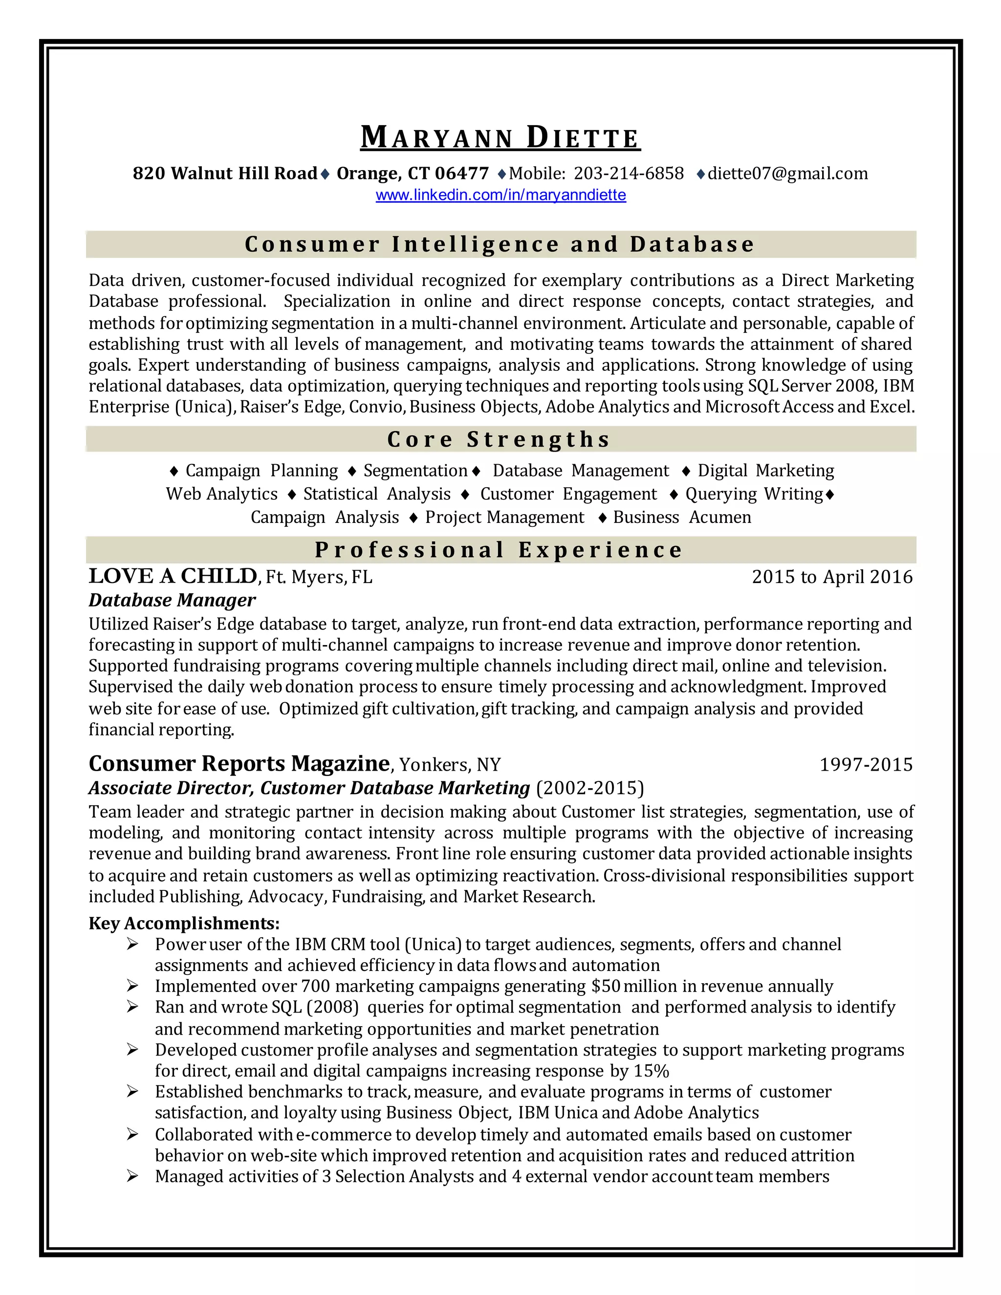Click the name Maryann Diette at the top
tap(500, 138)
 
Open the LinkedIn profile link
tap(500, 195)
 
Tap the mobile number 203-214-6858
tap(629, 174)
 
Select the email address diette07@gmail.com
tap(787, 174)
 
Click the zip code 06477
tap(461, 174)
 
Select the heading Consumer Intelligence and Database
tap(500, 244)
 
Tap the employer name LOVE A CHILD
tap(173, 576)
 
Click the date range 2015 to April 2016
tap(832, 577)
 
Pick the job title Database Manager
tap(172, 600)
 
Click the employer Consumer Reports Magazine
tap(239, 764)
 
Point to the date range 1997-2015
tap(866, 765)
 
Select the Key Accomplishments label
tap(184, 923)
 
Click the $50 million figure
tap(634, 986)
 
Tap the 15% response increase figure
tap(651, 1071)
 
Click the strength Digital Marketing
tap(765, 471)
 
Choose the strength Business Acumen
tap(682, 518)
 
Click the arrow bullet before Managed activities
tap(132, 1176)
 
